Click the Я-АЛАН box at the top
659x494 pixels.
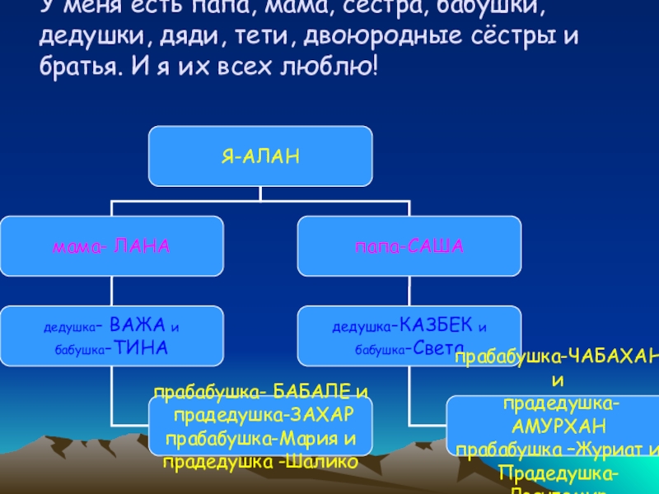click(260, 156)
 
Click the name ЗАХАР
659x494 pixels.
click(323, 413)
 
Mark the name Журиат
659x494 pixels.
click(606, 450)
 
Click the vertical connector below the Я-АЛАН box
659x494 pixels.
click(260, 193)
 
